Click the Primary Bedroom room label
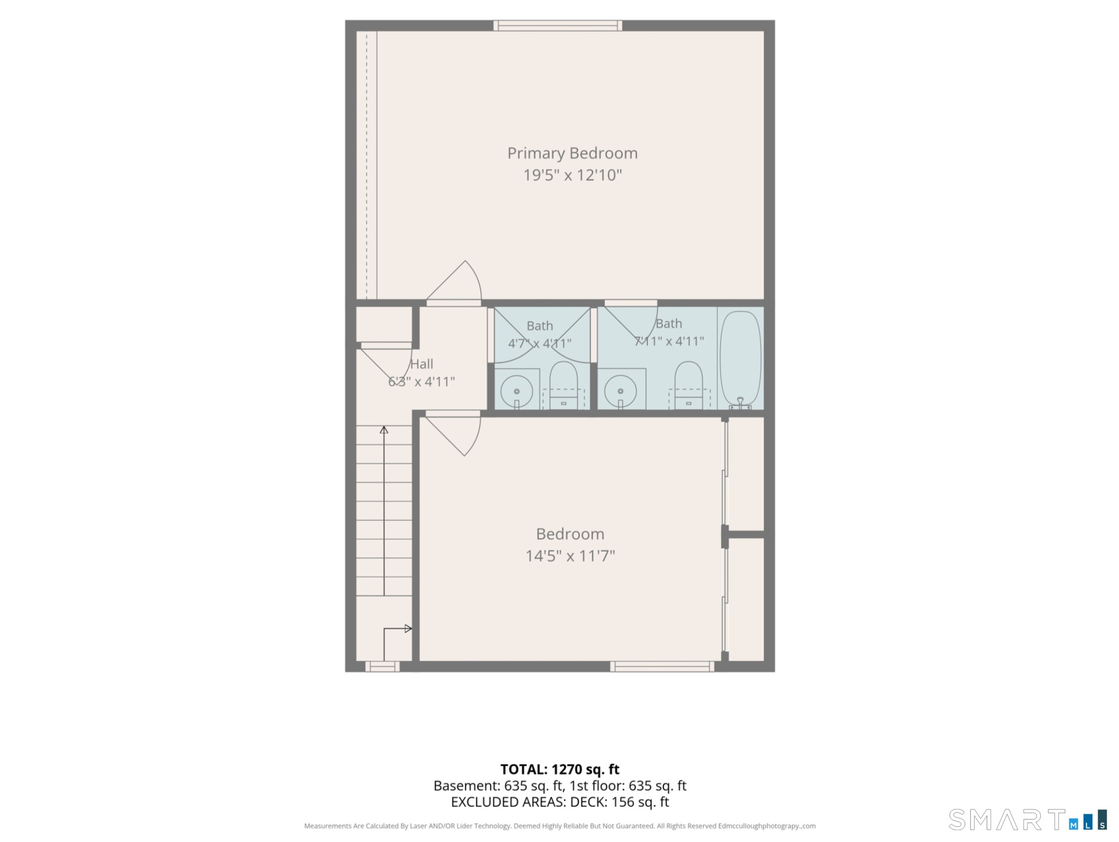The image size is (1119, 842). [572, 154]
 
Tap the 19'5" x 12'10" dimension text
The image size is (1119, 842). [572, 175]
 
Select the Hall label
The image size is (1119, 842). [421, 364]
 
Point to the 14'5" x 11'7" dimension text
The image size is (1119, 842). [570, 556]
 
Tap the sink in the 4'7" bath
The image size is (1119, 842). [516, 391]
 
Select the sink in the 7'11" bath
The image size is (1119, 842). [620, 391]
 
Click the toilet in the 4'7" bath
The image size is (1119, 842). [563, 386]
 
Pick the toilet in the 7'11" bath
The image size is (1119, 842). [688, 386]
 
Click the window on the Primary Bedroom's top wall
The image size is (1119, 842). [557, 25]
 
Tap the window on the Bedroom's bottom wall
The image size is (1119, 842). [662, 667]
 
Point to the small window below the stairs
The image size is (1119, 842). [382, 667]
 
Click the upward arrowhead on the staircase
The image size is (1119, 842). [384, 430]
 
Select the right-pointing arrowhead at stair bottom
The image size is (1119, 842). [408, 629]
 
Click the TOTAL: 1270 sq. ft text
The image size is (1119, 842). [560, 769]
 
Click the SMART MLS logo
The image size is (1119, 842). [1027, 819]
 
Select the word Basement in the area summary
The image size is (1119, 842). [466, 786]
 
